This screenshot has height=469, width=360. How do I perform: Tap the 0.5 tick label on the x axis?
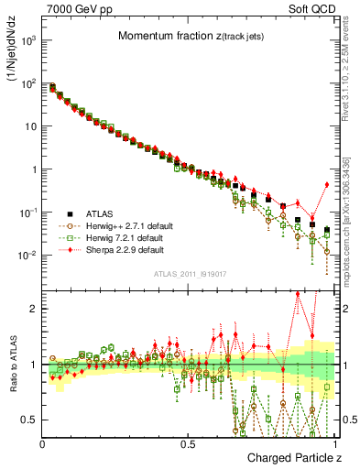click(x=188, y=443)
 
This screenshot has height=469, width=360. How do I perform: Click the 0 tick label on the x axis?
click(x=42, y=443)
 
